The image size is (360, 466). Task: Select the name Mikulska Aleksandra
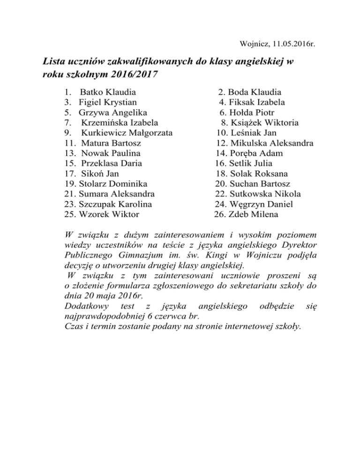click(272, 143)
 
